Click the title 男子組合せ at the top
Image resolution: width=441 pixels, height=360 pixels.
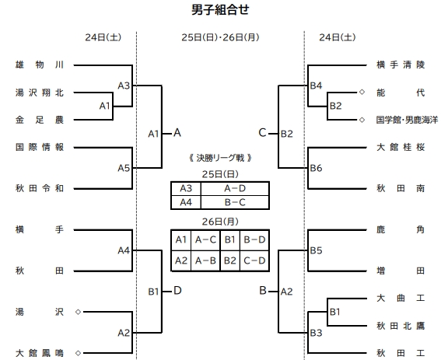point(220,10)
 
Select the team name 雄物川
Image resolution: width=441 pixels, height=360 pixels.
point(44,65)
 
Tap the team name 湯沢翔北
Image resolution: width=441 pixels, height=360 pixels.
point(44,93)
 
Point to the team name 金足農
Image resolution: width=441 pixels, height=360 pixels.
point(44,120)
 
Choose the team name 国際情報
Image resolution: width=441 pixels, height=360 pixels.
point(44,146)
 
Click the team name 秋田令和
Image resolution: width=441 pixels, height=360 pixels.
point(44,188)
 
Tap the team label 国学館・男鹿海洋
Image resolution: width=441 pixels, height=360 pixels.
point(407,120)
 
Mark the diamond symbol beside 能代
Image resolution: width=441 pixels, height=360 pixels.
point(362,93)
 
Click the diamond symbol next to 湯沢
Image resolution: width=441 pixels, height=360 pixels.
point(78,311)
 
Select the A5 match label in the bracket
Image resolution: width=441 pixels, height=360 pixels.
point(124,167)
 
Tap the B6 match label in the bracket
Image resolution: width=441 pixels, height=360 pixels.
point(316,167)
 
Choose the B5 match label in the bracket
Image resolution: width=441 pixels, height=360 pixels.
point(316,250)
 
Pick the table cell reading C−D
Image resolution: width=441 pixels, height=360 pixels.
point(255,260)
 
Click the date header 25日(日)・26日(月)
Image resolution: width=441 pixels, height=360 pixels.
point(220,37)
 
